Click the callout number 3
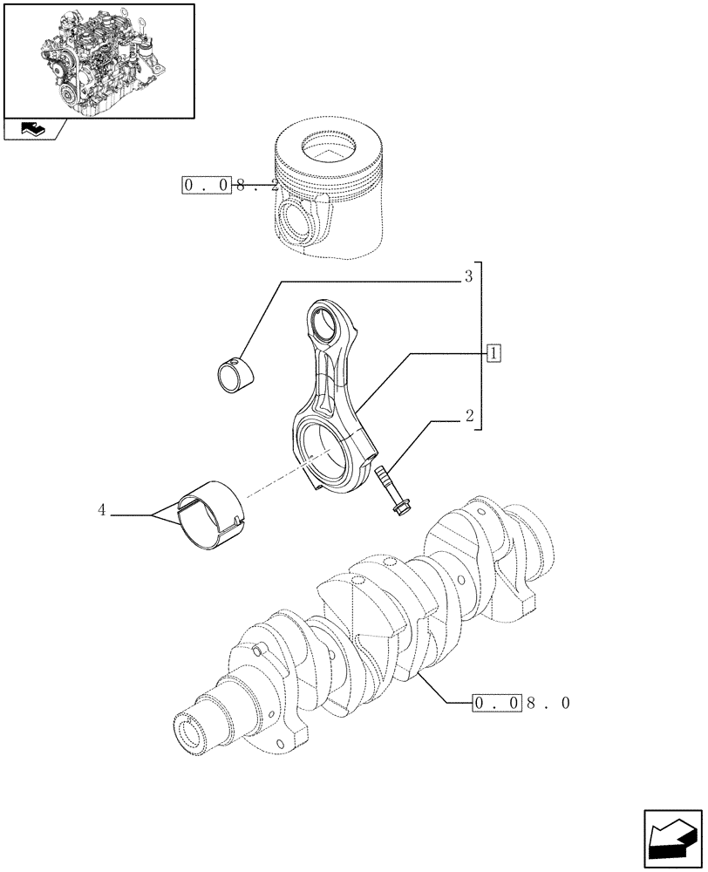click(468, 278)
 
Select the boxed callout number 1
click(494, 353)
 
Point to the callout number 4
click(102, 511)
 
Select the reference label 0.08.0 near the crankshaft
click(521, 702)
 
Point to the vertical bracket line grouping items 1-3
click(481, 349)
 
